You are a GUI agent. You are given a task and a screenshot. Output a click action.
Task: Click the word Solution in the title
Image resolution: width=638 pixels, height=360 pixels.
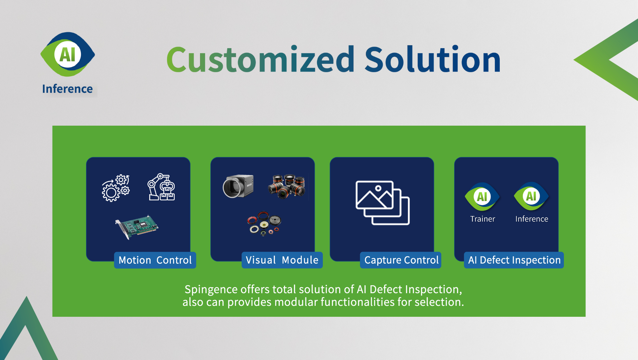point(433,59)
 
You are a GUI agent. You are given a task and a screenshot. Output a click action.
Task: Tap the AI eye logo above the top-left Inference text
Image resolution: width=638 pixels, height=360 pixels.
point(68,54)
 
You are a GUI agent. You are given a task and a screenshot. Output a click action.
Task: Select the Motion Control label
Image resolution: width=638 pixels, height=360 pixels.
point(155,260)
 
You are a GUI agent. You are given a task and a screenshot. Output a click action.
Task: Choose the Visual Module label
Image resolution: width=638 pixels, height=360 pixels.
point(282,260)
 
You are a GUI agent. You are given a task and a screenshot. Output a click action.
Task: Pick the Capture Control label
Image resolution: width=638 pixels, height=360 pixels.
point(401,260)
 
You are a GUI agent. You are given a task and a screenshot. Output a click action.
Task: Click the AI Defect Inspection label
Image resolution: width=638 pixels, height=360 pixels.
point(514,260)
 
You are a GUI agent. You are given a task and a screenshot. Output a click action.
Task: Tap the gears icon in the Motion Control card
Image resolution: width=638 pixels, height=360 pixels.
point(116,188)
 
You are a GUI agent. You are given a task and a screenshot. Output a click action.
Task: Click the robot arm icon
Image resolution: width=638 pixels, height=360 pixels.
point(161,187)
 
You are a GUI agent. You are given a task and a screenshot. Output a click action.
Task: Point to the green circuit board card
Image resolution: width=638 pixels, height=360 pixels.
point(137,227)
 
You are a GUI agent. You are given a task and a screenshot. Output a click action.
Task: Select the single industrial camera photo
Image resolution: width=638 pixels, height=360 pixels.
point(238,186)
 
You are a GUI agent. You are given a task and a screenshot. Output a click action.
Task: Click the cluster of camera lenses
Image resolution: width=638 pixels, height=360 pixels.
point(287,186)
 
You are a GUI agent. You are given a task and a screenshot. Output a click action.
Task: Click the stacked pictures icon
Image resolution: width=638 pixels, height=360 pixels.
point(382,203)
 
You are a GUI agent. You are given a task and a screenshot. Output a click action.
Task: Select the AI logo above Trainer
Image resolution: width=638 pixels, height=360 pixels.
point(482,196)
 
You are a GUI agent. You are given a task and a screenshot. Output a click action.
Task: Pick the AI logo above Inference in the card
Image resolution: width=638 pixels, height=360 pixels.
point(531,196)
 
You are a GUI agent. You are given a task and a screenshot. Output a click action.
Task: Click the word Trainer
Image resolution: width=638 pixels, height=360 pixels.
point(482,219)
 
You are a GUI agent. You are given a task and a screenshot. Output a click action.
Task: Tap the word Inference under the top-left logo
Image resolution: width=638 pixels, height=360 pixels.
point(67,89)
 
